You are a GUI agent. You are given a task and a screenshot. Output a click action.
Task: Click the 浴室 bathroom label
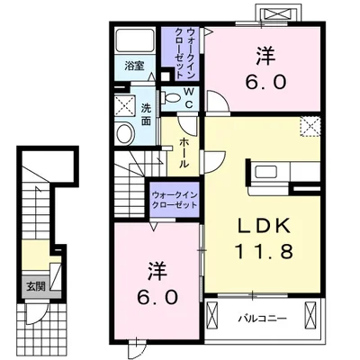[x=134, y=66]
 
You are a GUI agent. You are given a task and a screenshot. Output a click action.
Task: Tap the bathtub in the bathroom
[x=135, y=40]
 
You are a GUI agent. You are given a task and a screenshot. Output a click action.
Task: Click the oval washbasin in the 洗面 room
[x=125, y=134]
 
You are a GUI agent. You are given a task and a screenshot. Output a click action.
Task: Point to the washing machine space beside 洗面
[x=124, y=105]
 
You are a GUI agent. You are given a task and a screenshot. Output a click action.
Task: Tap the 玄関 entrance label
[x=36, y=287]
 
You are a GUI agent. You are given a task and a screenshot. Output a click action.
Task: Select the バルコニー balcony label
[x=263, y=319]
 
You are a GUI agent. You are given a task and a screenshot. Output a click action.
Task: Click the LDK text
[x=265, y=226]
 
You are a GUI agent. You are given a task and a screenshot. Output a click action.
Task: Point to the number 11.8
[x=264, y=251]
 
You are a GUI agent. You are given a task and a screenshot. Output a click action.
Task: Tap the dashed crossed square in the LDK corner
[x=310, y=126]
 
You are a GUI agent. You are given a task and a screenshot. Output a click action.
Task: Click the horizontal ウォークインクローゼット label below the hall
[x=175, y=200]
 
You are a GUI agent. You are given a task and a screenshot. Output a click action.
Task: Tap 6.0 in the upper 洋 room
[x=265, y=82]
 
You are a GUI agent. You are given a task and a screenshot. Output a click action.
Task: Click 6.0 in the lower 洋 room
[x=157, y=297]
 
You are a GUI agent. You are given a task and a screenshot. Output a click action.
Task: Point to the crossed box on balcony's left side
[x=212, y=316]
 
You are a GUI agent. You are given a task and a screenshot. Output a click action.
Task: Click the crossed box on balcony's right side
[x=310, y=316]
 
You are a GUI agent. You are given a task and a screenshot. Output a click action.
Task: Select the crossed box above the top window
[x=277, y=14]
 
